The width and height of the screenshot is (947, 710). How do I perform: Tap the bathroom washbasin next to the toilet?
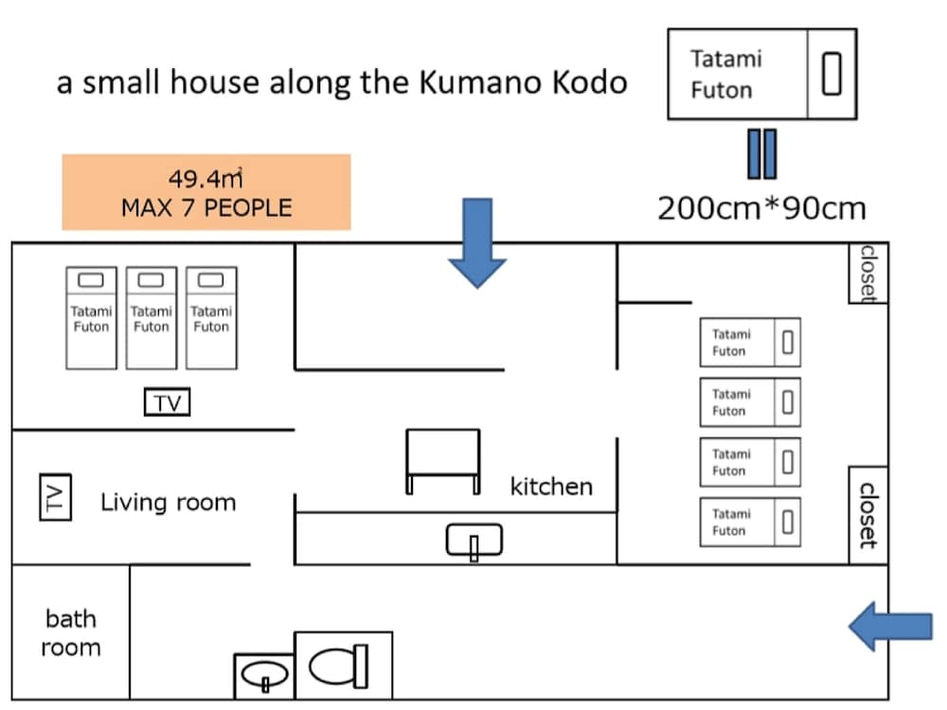[264, 674]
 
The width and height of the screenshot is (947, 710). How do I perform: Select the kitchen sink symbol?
[473, 541]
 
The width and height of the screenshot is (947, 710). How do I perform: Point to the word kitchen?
[551, 487]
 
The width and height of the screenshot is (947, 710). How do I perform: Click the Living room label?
[169, 502]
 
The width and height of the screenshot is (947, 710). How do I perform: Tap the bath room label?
[71, 633]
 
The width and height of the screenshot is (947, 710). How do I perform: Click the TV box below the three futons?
[168, 403]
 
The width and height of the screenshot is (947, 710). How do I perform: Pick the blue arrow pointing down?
[477, 241]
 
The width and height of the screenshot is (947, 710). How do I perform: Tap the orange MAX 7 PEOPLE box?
[206, 192]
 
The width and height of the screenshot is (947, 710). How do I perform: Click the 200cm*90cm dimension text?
[762, 207]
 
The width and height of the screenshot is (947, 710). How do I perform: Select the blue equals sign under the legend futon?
[762, 153]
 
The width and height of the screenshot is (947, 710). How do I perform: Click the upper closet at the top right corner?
[867, 273]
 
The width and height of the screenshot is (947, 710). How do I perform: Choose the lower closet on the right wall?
[867, 514]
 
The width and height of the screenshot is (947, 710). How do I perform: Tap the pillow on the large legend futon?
[831, 74]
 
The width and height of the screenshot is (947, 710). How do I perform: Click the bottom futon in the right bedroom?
[750, 522]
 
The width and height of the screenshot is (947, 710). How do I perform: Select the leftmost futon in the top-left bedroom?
[91, 317]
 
